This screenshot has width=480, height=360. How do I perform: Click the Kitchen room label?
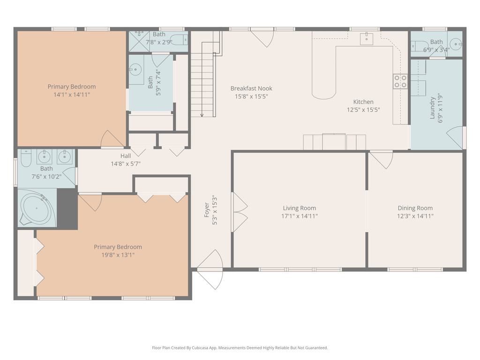coord(363,102)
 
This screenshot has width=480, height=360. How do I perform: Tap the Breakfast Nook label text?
coord(251,89)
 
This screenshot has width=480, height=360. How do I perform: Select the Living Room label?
coord(299,208)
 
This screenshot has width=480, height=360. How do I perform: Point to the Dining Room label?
coord(415,208)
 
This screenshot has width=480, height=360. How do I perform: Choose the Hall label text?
coord(125,156)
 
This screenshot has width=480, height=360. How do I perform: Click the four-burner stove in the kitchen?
coord(400,82)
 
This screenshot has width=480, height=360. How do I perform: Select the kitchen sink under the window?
coord(366,38)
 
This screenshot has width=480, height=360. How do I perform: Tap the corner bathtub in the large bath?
coord(37,207)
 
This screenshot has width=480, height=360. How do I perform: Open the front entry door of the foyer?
coord(210,270)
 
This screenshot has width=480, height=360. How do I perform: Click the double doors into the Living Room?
coord(240,212)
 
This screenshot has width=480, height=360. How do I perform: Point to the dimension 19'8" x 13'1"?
coord(118,255)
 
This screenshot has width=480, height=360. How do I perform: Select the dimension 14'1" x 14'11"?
coord(71,95)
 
